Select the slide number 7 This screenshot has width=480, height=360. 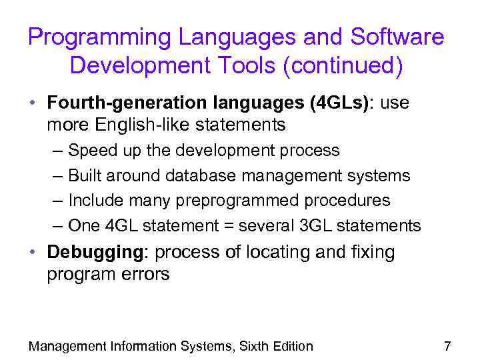(x=447, y=346)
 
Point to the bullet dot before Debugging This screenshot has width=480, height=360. (x=33, y=253)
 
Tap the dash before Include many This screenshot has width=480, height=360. (x=57, y=201)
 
